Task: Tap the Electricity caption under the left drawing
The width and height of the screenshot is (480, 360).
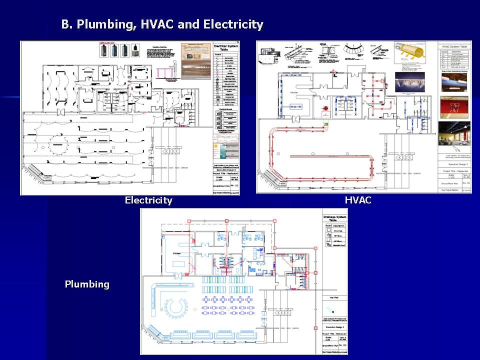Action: pos(148,200)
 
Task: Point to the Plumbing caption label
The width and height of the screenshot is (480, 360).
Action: pos(87,284)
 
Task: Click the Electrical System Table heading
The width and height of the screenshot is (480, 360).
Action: pos(227,47)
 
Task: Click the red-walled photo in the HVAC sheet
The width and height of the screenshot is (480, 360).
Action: pos(454,106)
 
